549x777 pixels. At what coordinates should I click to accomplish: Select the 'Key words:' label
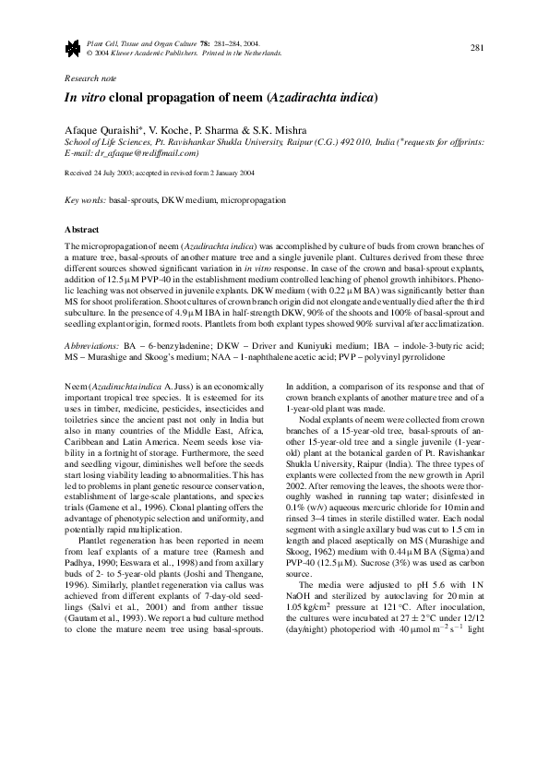(x=84, y=199)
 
